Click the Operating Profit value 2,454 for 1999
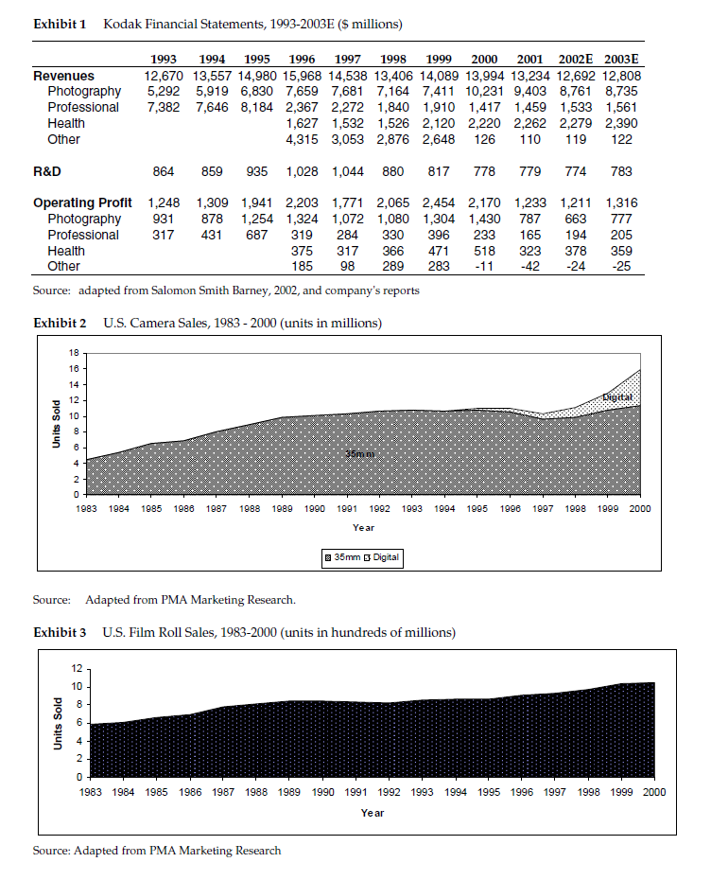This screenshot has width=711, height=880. [x=441, y=203]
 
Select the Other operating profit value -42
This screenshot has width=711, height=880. [x=530, y=267]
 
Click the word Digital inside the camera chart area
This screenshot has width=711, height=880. [x=616, y=397]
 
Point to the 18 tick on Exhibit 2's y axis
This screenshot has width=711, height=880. [x=73, y=353]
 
